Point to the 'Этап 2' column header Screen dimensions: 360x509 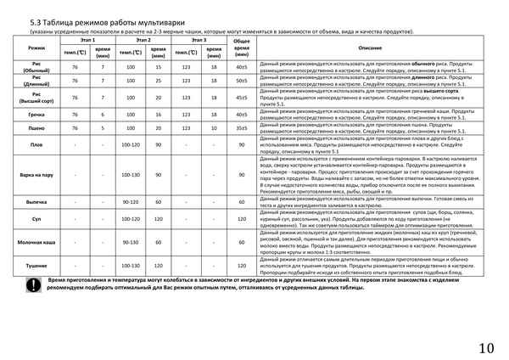[x=143, y=40]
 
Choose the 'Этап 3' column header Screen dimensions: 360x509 [x=199, y=40]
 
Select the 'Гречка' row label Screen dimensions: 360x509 [x=36, y=113]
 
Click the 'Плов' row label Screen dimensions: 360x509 [x=36, y=144]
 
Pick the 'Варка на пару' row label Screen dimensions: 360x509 [x=36, y=176]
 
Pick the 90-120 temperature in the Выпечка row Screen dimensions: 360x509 [x=131, y=202]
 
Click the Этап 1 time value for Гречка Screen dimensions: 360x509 [x=103, y=113]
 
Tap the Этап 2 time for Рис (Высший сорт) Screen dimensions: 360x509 [x=158, y=97]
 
